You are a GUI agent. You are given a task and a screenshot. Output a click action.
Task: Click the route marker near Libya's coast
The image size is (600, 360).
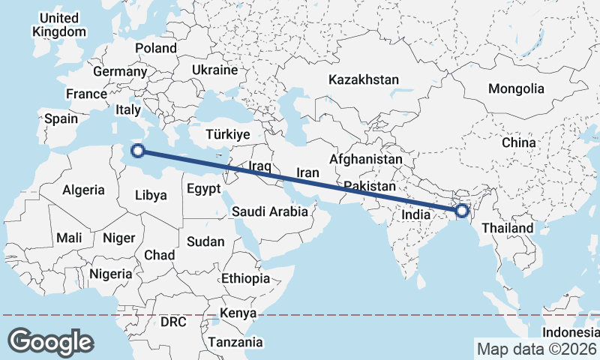pyautogui.click(x=137, y=151)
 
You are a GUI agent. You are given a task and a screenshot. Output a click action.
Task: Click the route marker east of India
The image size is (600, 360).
pyautogui.click(x=461, y=212)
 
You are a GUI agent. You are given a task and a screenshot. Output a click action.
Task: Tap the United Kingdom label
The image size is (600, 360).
pyautogui.click(x=59, y=25)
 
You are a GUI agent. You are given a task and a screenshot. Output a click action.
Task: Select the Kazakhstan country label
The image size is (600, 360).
pyautogui.click(x=364, y=79)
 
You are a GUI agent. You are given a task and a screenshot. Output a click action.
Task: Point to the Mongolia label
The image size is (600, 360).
pyautogui.click(x=516, y=88)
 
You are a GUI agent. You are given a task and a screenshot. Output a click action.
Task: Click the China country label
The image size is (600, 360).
pyautogui.click(x=519, y=142)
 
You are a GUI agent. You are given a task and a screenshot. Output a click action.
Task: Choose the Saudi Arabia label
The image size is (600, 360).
pyautogui.click(x=269, y=211)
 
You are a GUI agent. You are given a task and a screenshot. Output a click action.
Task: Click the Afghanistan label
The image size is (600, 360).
pyautogui.click(x=365, y=160)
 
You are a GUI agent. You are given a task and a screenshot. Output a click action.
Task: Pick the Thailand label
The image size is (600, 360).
pyautogui.click(x=507, y=228)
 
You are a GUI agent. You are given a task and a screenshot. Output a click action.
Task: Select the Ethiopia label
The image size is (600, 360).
pyautogui.click(x=245, y=278)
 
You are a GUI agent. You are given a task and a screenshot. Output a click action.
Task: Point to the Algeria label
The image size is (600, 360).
pyautogui.click(x=83, y=190)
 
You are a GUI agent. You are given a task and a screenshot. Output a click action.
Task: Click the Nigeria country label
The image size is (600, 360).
pyautogui.click(x=110, y=274)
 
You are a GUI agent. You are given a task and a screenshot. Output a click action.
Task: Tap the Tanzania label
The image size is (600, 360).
pyautogui.click(x=236, y=342)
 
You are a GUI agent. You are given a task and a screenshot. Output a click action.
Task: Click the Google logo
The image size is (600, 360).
pyautogui.click(x=50, y=341)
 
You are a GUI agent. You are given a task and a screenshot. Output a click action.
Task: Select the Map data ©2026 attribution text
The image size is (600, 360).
pyautogui.click(x=536, y=349)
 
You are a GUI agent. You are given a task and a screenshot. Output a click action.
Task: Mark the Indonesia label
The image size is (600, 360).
pyautogui.click(x=571, y=331)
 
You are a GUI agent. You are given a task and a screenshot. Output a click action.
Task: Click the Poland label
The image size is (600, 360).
pyautogui.click(x=156, y=48)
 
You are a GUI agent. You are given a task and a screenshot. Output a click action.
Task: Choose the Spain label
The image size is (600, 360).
pyautogui.click(x=61, y=118)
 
